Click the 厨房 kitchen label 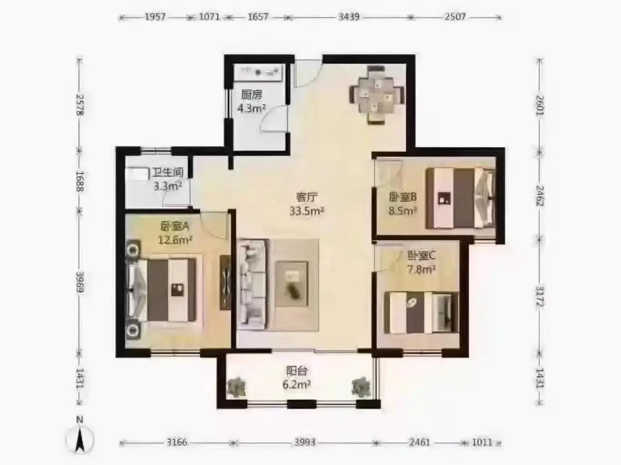pyautogui.click(x=251, y=94)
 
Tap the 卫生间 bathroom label pyautogui.click(x=168, y=172)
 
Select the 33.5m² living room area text pyautogui.click(x=307, y=211)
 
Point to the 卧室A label pyautogui.click(x=175, y=226)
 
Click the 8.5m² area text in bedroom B pyautogui.click(x=403, y=210)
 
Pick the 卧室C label pyautogui.click(x=421, y=256)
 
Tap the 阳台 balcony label pyautogui.click(x=297, y=371)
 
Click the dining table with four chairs pyautogui.click(x=377, y=95)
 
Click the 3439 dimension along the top pyautogui.click(x=349, y=17)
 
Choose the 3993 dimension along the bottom pyautogui.click(x=305, y=442)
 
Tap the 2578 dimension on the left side pyautogui.click(x=80, y=104)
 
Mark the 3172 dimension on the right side pyautogui.click(x=540, y=297)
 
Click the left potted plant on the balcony pyautogui.click(x=236, y=388)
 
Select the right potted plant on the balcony pyautogui.click(x=361, y=387)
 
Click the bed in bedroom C pyautogui.click(x=421, y=312)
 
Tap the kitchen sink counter pyautogui.click(x=258, y=73)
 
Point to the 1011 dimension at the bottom pyautogui.click(x=482, y=442)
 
